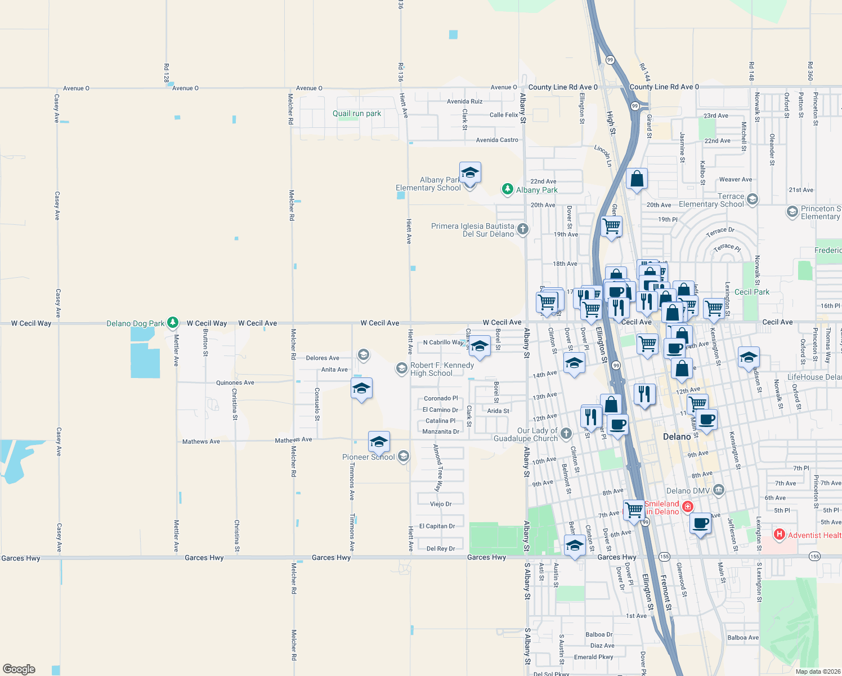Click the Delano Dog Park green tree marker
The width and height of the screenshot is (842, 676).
point(173,323)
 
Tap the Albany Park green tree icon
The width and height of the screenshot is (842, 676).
point(507,189)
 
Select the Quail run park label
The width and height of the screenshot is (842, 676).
point(357,114)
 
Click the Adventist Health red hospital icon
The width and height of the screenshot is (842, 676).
point(780,535)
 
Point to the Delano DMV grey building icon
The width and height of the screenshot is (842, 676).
point(719,490)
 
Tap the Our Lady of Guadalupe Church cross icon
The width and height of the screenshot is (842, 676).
point(566,433)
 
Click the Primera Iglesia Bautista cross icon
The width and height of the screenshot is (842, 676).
point(523,229)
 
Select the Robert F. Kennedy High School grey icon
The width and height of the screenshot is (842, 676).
point(401,368)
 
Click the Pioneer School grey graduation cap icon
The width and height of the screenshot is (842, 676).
point(404,456)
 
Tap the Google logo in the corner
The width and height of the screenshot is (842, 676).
point(19,669)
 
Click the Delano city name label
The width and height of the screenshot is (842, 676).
point(677,437)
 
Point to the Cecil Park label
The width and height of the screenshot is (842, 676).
point(752,292)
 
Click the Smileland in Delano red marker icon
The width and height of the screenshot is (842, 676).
point(687,507)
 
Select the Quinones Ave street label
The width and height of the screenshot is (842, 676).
point(235,383)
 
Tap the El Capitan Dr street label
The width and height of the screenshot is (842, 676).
point(437,526)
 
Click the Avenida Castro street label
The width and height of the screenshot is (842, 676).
point(497,140)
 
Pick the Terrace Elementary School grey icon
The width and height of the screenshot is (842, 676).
point(753,199)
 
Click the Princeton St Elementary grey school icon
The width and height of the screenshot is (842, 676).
point(792,212)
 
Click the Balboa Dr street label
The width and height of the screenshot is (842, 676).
point(599,634)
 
